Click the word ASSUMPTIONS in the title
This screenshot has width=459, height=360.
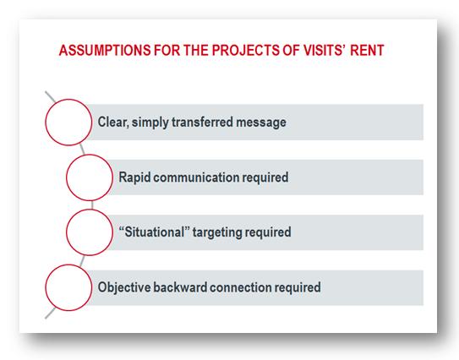(x=105, y=50)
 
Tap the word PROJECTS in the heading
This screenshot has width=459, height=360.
(x=245, y=50)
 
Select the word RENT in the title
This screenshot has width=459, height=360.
(x=367, y=50)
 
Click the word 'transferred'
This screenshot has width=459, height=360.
(x=202, y=122)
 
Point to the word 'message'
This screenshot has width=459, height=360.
(x=261, y=123)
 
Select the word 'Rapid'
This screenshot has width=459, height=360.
(x=134, y=177)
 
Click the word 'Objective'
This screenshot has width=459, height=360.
(x=124, y=287)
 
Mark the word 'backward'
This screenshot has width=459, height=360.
(x=180, y=287)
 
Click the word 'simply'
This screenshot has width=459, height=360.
(x=150, y=123)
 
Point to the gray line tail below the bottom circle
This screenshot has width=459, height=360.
(x=50, y=313)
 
